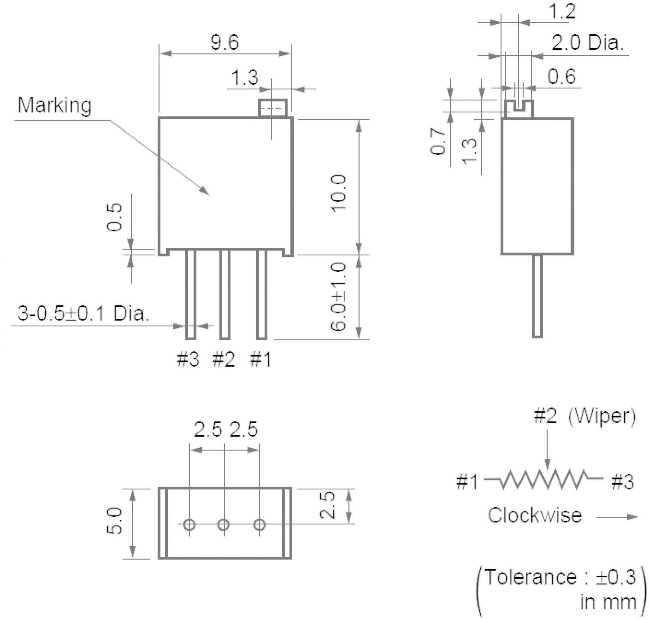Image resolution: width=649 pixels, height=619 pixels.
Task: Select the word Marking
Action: (54, 105)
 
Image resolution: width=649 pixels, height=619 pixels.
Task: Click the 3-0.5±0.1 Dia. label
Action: (83, 313)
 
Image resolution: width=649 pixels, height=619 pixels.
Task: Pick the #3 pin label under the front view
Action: (188, 359)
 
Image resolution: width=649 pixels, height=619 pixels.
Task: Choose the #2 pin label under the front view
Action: (224, 359)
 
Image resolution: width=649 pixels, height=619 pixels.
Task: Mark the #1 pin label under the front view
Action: (260, 359)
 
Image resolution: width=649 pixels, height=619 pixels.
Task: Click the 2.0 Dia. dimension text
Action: (588, 43)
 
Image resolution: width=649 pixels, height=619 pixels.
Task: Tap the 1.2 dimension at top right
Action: (562, 11)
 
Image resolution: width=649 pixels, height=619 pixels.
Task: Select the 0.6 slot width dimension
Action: (562, 76)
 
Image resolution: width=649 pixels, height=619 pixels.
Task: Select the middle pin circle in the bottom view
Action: (224, 525)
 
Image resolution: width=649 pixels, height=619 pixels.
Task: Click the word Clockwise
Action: (535, 515)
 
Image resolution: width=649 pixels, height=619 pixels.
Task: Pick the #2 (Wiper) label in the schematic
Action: (584, 416)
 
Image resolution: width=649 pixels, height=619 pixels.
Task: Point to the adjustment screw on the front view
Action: (272, 109)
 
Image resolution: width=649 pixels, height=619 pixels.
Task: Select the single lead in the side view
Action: (537, 296)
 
